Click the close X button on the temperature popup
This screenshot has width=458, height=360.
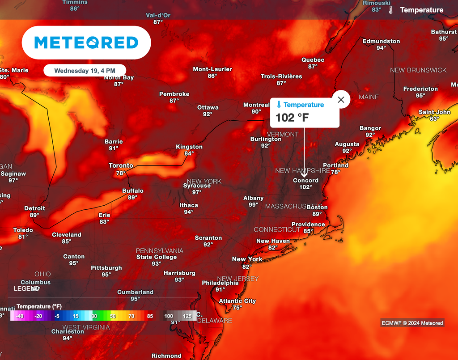341,100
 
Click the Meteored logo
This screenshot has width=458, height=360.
86,42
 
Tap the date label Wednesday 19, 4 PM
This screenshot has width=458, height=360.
85,71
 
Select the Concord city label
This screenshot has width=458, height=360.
305,180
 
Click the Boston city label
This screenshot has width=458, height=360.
317,207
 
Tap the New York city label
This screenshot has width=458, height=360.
247,259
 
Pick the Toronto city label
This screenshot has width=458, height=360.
121,165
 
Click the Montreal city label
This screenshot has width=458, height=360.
256,105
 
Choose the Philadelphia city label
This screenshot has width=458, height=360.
220,283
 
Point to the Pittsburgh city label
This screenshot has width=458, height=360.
106,267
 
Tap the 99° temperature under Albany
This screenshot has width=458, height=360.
254,204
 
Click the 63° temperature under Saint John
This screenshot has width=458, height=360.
434,119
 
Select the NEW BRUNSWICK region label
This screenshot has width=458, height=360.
418,70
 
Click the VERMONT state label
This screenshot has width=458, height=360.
282,134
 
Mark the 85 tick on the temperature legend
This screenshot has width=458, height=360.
150,316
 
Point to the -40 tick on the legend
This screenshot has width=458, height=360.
19,316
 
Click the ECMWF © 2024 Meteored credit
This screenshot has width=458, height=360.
412,323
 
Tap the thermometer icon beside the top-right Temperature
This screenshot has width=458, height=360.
391,10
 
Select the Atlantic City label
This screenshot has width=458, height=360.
237,301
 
